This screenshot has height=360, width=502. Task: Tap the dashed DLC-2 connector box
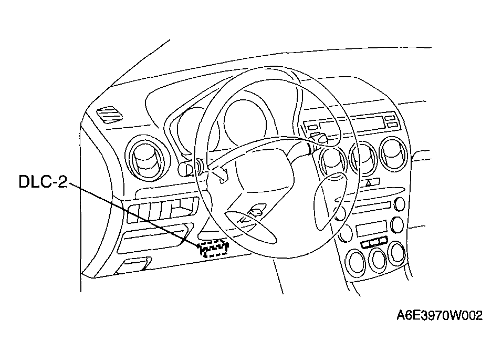[x=213, y=248]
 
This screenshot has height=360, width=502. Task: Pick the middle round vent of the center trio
[x=362, y=156]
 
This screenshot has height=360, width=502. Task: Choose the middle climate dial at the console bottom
[x=378, y=257]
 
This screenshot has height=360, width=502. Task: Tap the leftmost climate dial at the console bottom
[x=358, y=261]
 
